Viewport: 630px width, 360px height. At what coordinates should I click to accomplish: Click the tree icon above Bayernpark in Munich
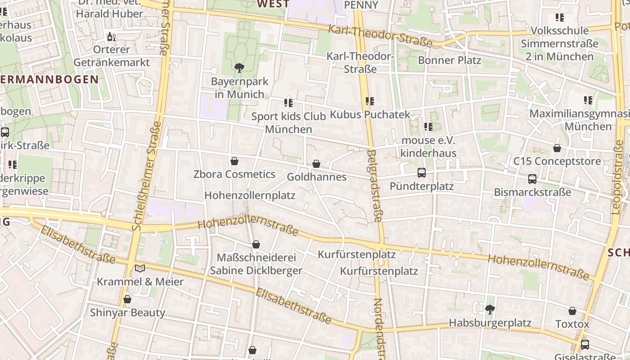pos(239,68)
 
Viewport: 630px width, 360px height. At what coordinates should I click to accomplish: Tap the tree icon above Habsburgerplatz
pos(490,309)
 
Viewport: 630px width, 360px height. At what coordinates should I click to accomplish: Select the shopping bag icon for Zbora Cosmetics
pos(234,161)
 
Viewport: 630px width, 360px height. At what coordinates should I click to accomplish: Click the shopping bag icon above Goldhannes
pos(316,164)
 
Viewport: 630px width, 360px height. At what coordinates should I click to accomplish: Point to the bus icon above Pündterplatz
pos(422,172)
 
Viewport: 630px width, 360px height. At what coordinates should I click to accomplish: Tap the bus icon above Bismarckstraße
pos(532,179)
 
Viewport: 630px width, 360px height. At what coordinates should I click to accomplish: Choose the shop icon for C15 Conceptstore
pos(557,148)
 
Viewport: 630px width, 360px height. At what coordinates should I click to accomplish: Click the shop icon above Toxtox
pos(572,311)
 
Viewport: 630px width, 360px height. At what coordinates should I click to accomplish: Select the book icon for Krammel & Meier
pos(140,269)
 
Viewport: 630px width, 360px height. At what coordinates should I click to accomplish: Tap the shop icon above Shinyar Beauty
pos(127,299)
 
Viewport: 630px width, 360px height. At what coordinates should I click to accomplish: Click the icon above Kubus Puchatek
pos(370,101)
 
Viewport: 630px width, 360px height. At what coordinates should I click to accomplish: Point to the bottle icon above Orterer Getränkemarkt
pos(111,36)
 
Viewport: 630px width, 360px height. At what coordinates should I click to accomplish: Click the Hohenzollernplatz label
pos(250,195)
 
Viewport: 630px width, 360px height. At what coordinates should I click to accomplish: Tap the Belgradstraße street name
pos(374,186)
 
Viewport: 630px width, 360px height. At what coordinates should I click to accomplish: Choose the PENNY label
pos(360,5)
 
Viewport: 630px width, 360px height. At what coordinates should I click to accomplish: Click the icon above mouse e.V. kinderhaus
pos(428,127)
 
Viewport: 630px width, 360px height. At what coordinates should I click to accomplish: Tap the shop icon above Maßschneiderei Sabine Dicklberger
pos(256,245)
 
